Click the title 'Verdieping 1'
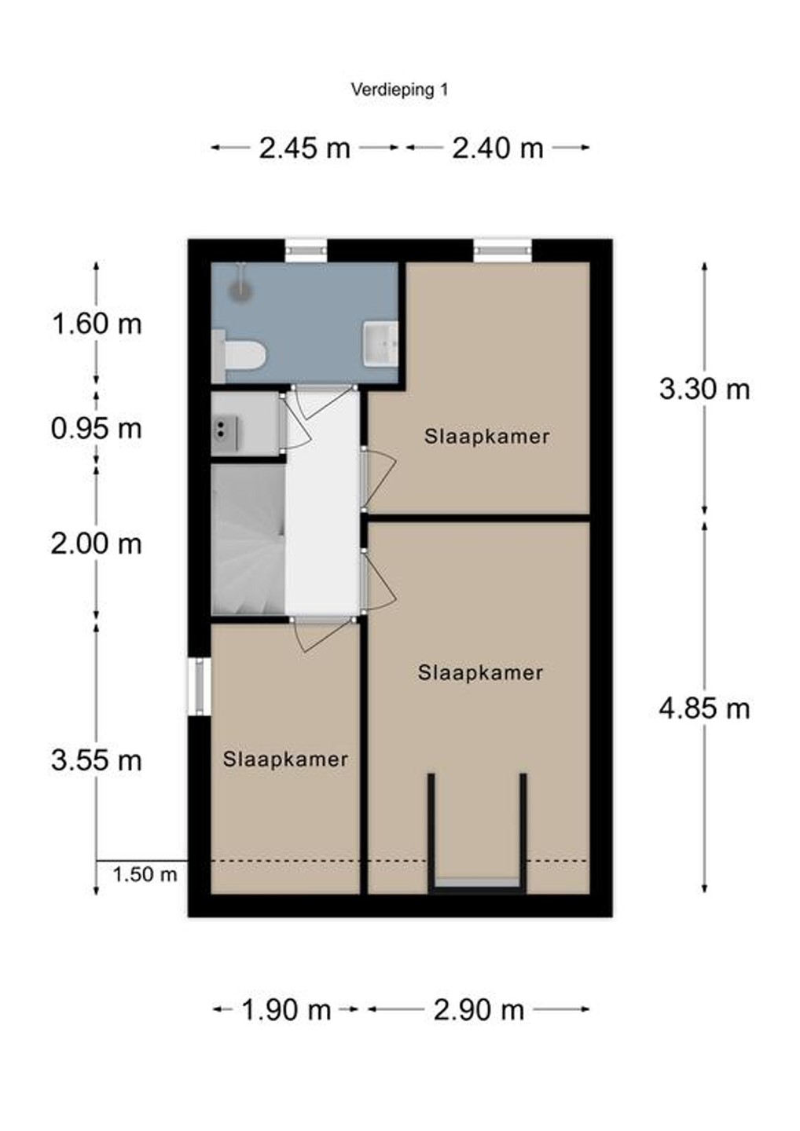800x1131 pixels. (x=399, y=90)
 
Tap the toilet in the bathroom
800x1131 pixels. (x=238, y=355)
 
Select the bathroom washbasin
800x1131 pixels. (x=380, y=343)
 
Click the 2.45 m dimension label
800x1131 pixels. (x=305, y=148)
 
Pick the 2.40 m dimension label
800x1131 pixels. (x=497, y=148)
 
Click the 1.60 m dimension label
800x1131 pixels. (x=97, y=324)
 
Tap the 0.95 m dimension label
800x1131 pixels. (x=96, y=429)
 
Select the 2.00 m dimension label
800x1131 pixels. (x=96, y=544)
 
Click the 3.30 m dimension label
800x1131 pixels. (x=705, y=390)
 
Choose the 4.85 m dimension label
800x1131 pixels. (x=705, y=708)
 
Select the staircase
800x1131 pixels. (x=248, y=540)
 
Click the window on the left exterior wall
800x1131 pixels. (x=200, y=686)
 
